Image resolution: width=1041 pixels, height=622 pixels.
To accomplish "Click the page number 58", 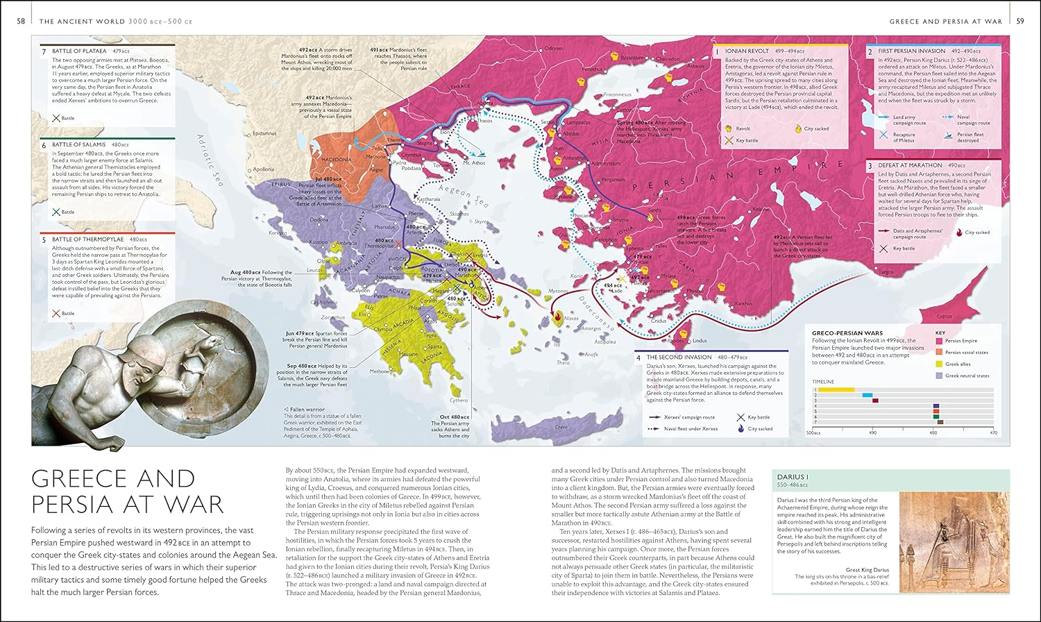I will click(21, 22).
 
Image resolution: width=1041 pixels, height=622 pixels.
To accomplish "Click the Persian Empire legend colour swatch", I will click(939, 341).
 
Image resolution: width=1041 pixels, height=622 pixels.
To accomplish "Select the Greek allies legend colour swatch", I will click(939, 364).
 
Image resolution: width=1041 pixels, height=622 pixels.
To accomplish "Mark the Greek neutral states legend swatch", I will click(939, 376).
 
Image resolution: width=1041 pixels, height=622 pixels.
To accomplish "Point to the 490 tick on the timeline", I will click(872, 432).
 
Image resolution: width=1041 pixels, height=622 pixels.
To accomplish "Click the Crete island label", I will click(561, 427).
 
